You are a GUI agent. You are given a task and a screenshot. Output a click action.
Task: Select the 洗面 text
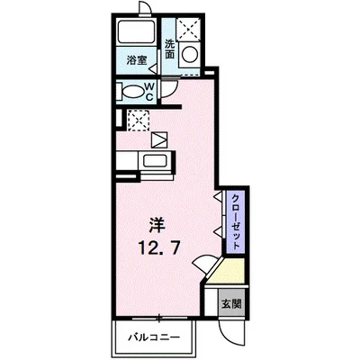170,48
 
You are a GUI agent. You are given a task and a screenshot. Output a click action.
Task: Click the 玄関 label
232,304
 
